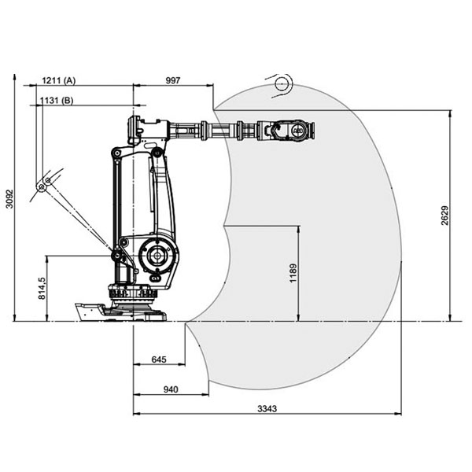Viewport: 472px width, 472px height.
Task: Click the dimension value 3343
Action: pos(267,409)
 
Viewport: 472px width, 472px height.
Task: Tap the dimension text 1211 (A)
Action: pos(59,80)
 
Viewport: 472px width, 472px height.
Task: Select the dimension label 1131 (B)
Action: pos(57,100)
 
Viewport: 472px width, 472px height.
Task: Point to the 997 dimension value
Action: pos(173,80)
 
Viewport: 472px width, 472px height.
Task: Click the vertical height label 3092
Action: pos(10,199)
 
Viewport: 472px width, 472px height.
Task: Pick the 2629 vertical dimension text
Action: pos(444,216)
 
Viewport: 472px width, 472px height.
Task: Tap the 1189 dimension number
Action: pos(293,273)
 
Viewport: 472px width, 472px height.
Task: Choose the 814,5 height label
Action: pos(42,289)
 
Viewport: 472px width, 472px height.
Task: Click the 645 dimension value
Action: pos(159,360)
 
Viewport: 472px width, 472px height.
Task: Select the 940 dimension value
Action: pos(171,389)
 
